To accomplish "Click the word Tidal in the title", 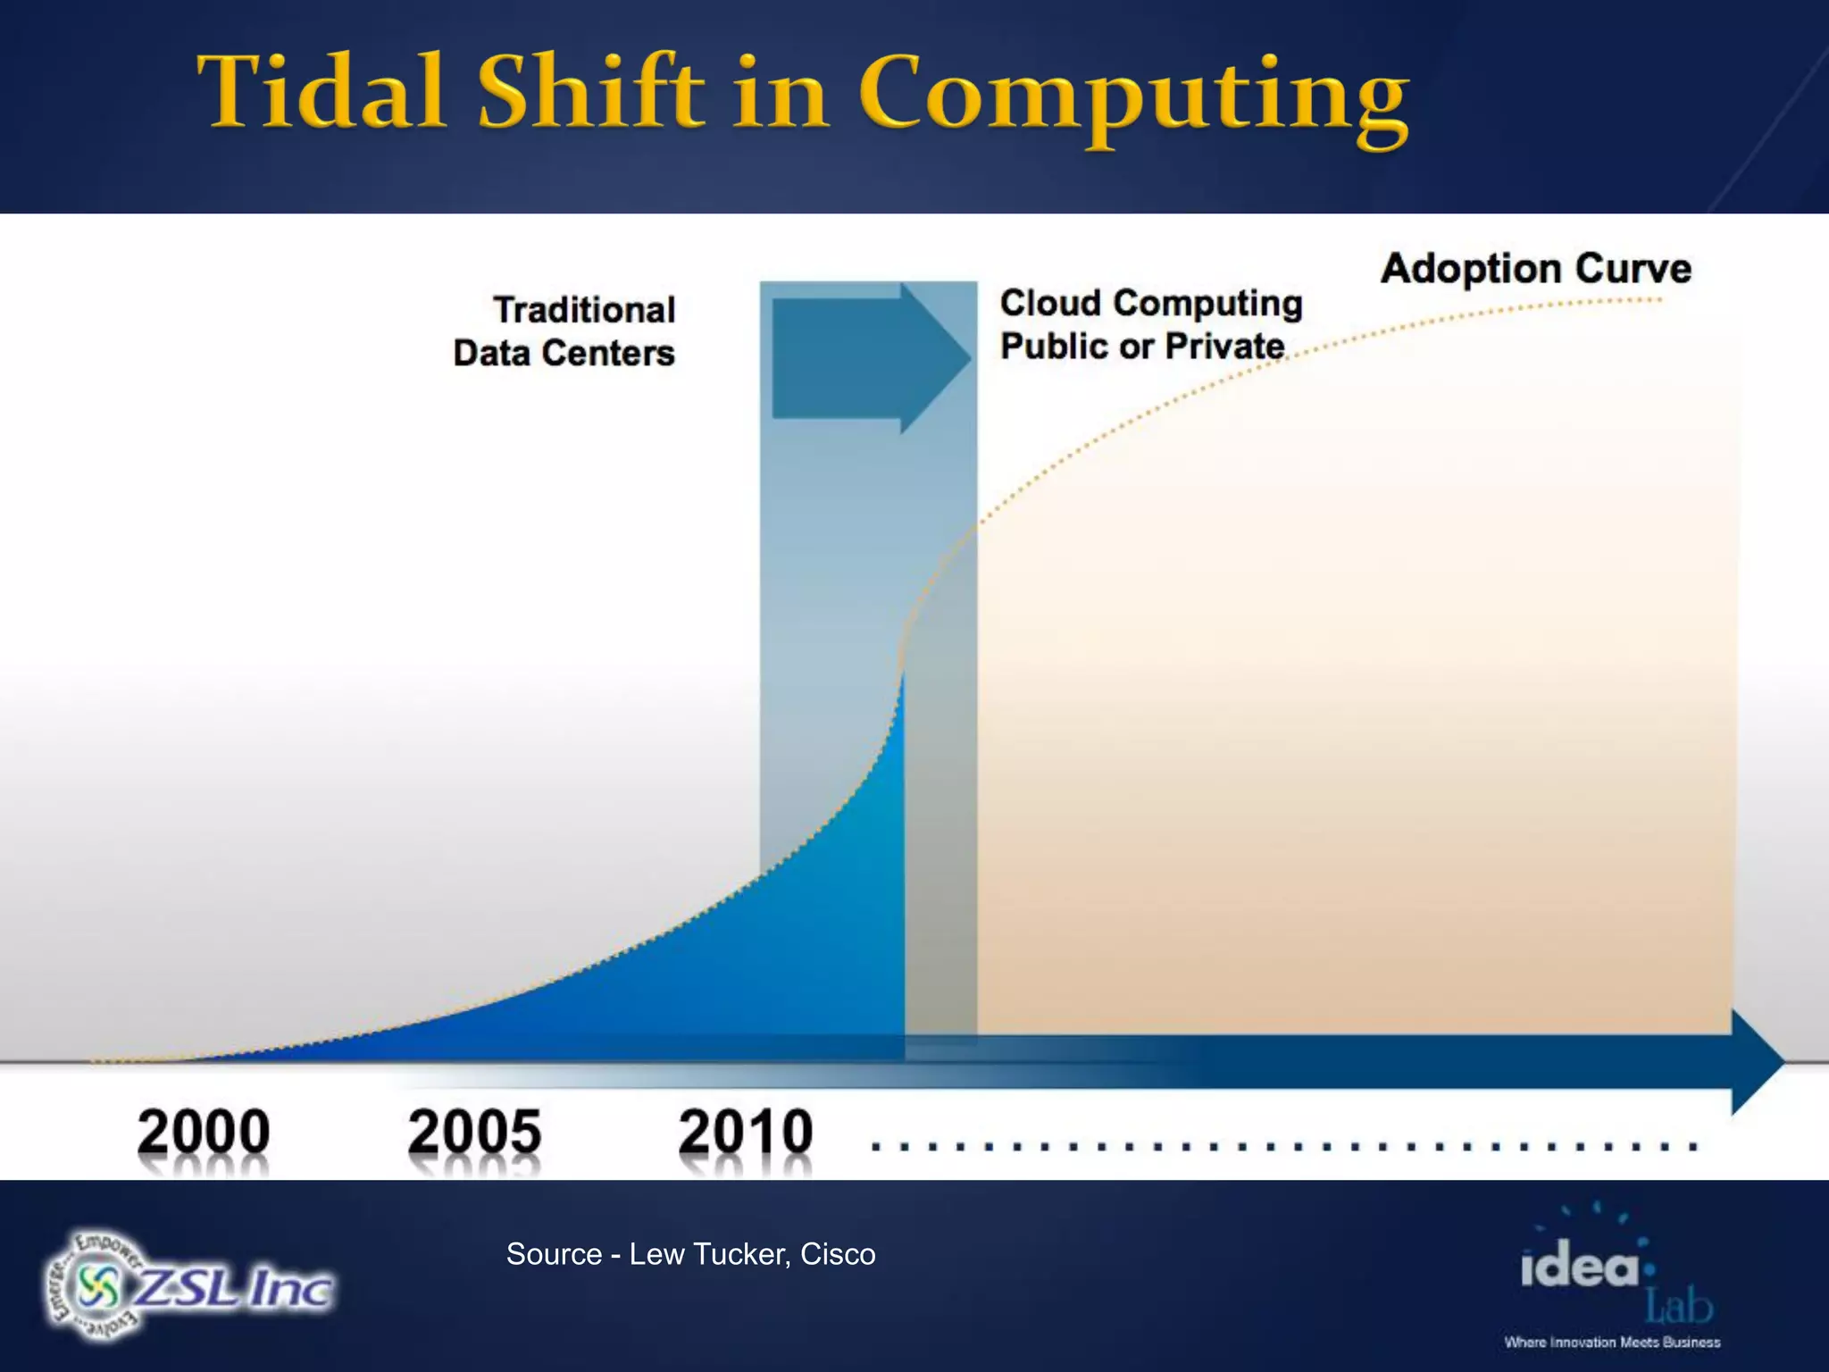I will click(x=322, y=92).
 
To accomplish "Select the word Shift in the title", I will click(x=589, y=92).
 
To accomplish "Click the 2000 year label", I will click(x=204, y=1132).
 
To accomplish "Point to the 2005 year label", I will click(x=474, y=1132).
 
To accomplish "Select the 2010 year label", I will click(x=745, y=1132).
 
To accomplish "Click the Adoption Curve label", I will click(x=1535, y=268).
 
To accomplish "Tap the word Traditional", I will click(x=584, y=310).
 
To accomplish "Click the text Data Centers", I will click(x=564, y=353).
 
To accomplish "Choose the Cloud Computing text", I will click(x=1150, y=303).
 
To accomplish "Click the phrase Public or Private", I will click(x=1141, y=346).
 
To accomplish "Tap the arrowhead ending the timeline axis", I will click(x=1758, y=1062).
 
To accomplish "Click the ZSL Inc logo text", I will click(x=234, y=1289).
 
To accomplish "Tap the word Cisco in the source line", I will click(x=837, y=1254).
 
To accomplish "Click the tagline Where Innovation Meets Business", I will click(x=1612, y=1343).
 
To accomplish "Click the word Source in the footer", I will click(x=554, y=1254).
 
